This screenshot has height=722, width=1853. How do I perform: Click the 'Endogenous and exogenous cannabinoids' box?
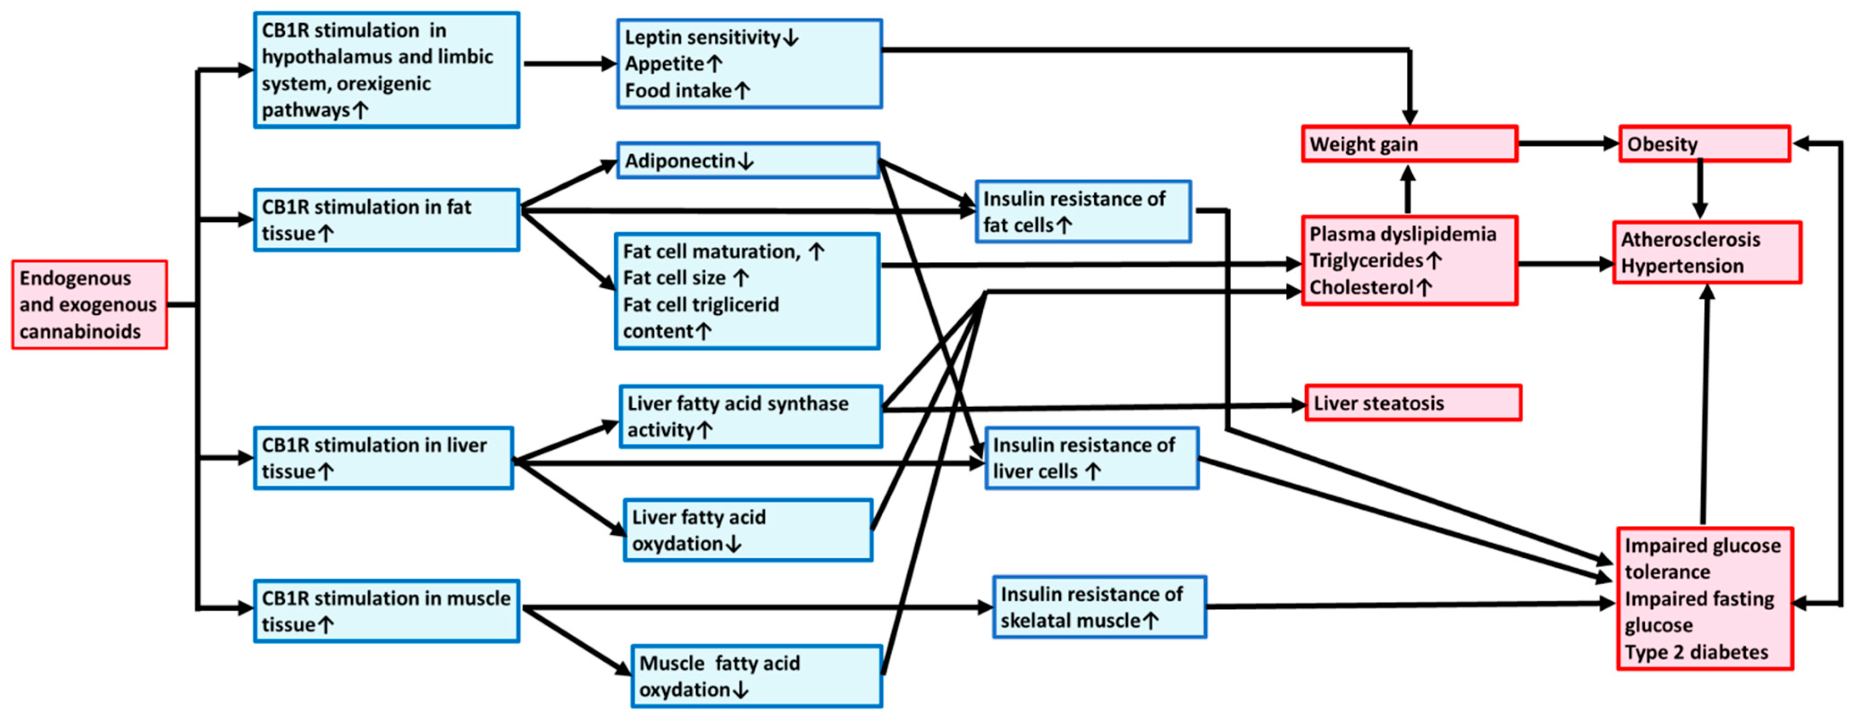[x=89, y=304]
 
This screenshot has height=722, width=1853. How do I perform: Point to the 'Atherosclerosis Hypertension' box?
[x=1706, y=252]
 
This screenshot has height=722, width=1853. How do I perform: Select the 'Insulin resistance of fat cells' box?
[x=1082, y=211]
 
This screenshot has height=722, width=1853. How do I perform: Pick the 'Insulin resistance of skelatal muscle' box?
[x=1099, y=607]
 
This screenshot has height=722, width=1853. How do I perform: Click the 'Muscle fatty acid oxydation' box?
[x=756, y=676]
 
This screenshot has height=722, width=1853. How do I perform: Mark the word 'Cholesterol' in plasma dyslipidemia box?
[x=1361, y=287]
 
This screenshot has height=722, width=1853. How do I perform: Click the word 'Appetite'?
[x=664, y=63]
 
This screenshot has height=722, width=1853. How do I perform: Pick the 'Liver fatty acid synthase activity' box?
[x=750, y=416]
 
